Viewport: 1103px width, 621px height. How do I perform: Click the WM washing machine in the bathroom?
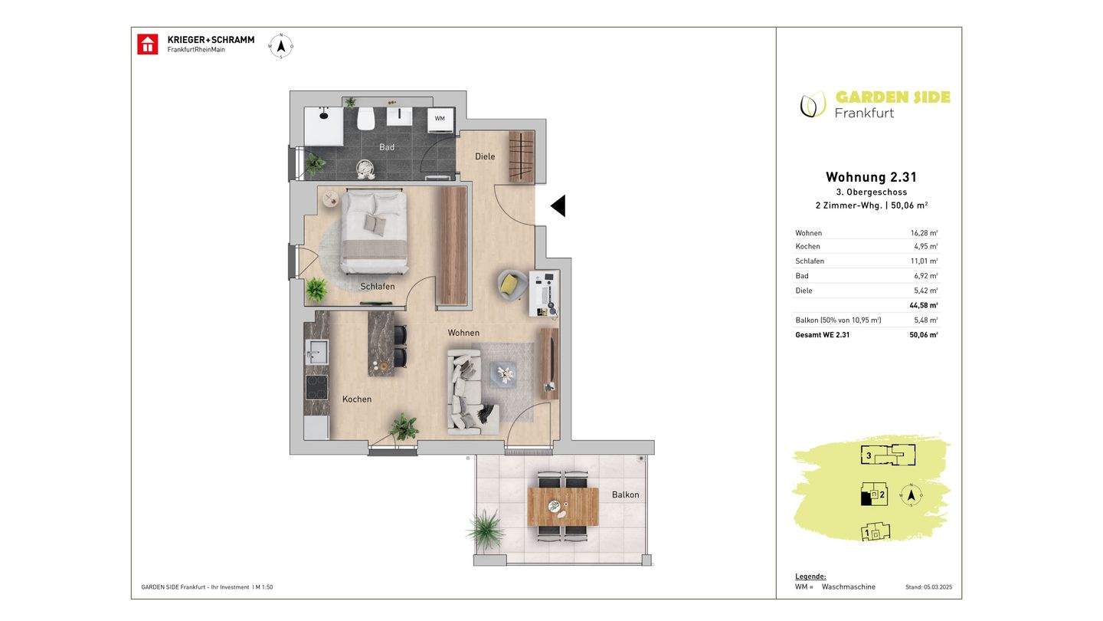point(440,120)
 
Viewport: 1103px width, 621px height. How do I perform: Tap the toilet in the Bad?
point(366,119)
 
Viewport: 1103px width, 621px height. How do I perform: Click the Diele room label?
point(485,156)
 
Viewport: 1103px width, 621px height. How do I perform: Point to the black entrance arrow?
point(558,205)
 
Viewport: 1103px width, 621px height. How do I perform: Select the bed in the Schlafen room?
point(375,232)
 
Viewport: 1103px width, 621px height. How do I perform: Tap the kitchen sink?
point(316,351)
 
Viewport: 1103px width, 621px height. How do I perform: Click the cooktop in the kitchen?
point(316,387)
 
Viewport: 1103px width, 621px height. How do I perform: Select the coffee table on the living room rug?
point(503,375)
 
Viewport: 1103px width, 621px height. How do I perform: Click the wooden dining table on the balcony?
point(563,506)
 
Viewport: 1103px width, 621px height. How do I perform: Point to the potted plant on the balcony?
point(486,530)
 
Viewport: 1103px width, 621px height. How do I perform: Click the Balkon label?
point(625,495)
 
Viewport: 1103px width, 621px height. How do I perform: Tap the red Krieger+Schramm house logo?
point(147,44)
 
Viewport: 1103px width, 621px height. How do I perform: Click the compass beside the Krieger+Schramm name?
point(281,47)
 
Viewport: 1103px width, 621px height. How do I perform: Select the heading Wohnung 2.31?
point(871,177)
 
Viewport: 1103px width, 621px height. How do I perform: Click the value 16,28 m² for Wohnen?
point(924,233)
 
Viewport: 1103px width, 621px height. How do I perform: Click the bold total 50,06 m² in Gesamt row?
point(923,334)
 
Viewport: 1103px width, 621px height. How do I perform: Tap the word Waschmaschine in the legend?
point(849,587)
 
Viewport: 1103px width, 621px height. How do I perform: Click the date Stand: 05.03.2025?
point(928,587)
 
